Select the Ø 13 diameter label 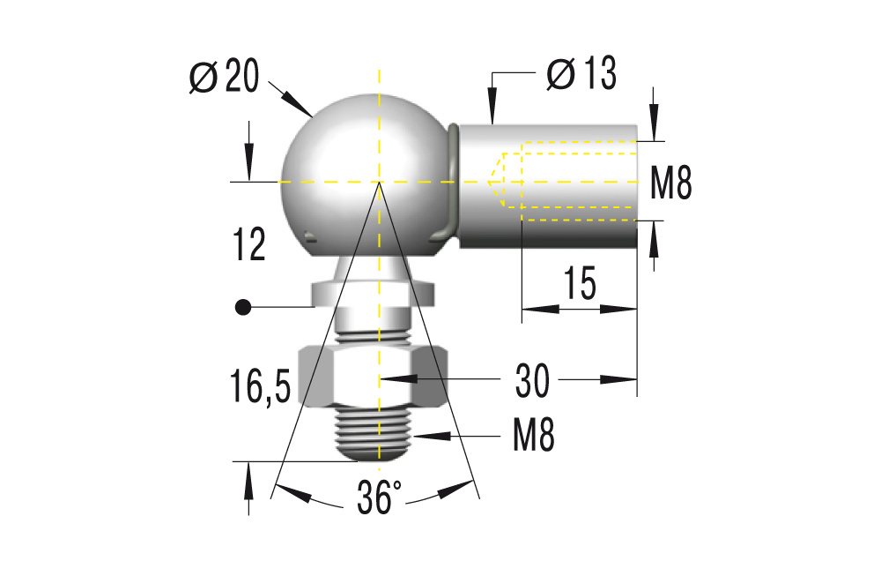581,74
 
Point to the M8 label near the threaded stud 534,436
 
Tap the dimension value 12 249,244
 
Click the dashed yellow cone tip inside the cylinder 492,182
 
